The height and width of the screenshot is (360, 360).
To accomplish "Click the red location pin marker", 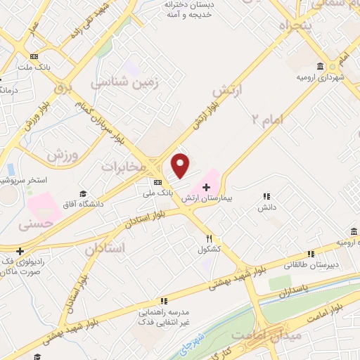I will pyautogui.click(x=181, y=166).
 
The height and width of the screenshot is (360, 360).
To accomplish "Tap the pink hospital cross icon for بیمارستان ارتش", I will pyautogui.click(x=206, y=186).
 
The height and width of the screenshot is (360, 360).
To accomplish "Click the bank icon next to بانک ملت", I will pyautogui.click(x=32, y=58).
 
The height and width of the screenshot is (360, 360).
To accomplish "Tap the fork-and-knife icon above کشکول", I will pyautogui.click(x=209, y=238).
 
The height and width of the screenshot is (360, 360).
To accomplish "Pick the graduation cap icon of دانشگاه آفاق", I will pyautogui.click(x=83, y=193).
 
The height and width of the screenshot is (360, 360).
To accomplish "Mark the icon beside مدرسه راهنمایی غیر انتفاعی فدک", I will pyautogui.click(x=165, y=300).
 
